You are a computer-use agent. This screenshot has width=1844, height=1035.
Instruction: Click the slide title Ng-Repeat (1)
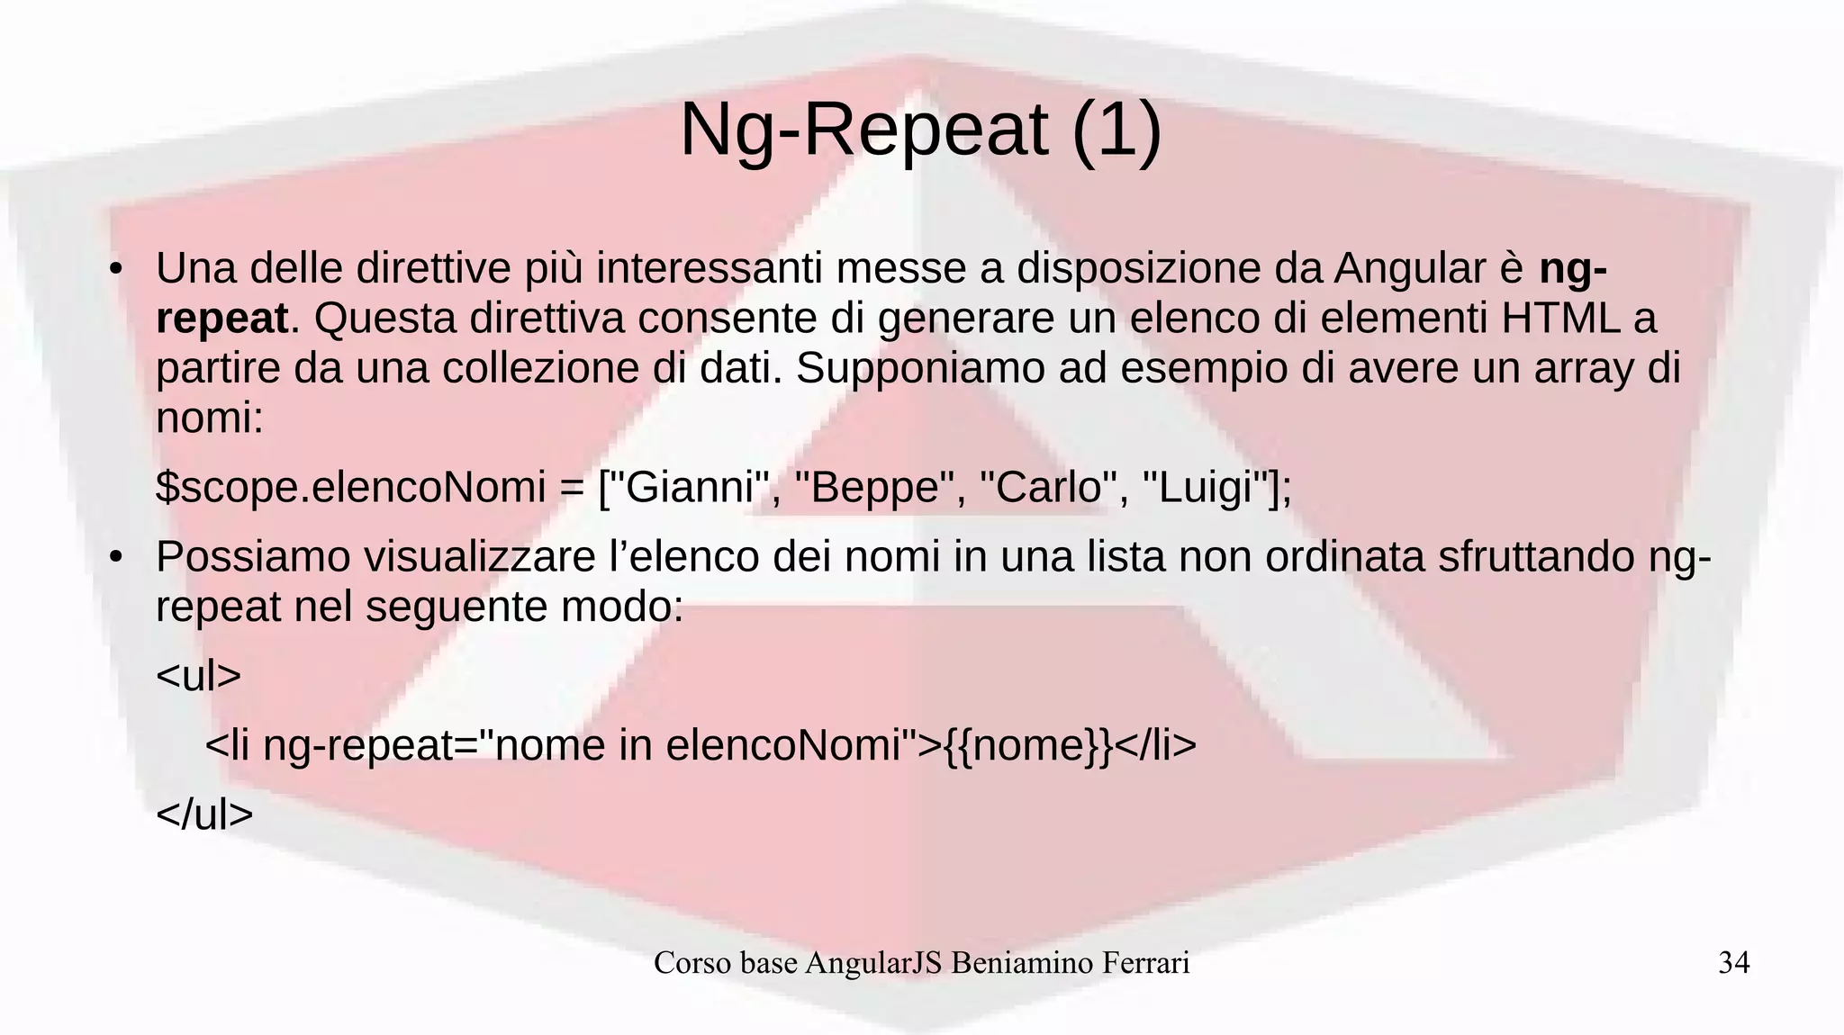tap(920, 130)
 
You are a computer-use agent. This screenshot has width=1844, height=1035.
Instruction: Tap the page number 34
tap(1733, 963)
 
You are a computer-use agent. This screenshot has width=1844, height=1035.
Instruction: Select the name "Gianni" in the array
tap(688, 488)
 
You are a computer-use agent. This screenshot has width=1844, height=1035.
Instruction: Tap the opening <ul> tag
tap(199, 675)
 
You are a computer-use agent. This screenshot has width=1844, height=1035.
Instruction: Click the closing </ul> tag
tap(204, 814)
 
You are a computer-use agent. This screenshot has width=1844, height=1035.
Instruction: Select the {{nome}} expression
tap(1027, 745)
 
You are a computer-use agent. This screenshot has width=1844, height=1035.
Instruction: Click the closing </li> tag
tap(1156, 745)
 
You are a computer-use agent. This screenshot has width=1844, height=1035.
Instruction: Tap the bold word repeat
tap(221, 319)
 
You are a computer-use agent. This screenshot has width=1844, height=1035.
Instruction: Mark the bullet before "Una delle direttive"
tap(115, 269)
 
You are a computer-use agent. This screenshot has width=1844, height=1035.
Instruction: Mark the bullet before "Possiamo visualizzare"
tap(115, 558)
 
